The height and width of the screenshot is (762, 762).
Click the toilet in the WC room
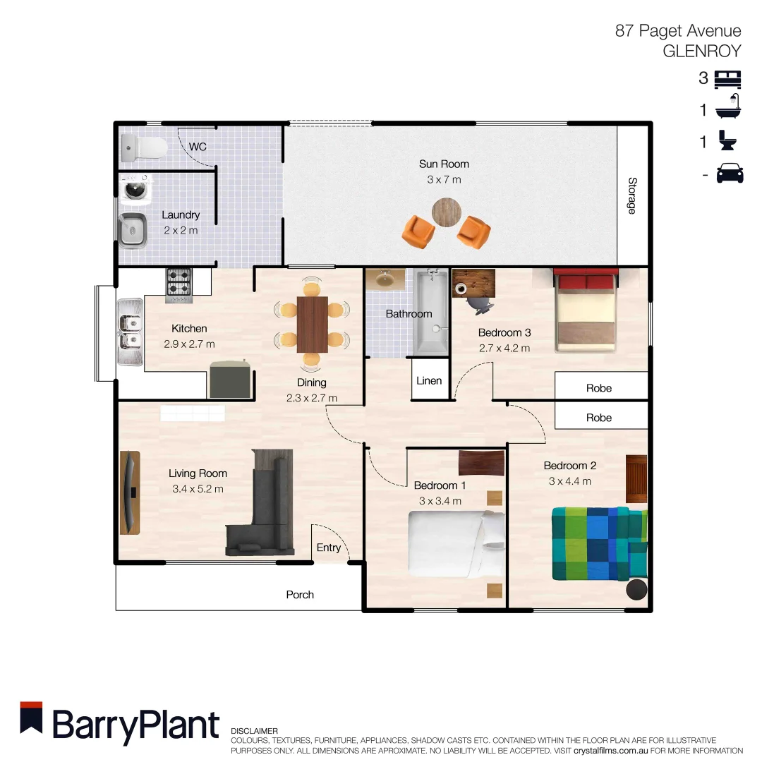pyautogui.click(x=145, y=147)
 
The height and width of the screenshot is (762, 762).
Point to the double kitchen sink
pyautogui.click(x=131, y=332)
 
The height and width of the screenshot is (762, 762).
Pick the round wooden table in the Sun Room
pyautogui.click(x=446, y=211)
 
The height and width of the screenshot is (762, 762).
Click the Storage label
pyautogui.click(x=631, y=195)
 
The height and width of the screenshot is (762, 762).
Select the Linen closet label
pyautogui.click(x=429, y=381)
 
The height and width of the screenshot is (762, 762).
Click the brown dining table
pyautogui.click(x=312, y=325)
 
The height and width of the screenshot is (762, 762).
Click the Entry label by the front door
pyautogui.click(x=328, y=548)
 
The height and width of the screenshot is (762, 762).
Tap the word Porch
pyautogui.click(x=300, y=595)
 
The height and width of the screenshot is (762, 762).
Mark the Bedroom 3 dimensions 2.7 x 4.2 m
pyautogui.click(x=504, y=348)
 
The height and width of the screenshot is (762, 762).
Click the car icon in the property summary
pyautogui.click(x=730, y=174)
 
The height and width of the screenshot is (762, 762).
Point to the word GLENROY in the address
pyautogui.click(x=701, y=51)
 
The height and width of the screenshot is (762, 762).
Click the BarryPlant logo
pyautogui.click(x=120, y=723)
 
